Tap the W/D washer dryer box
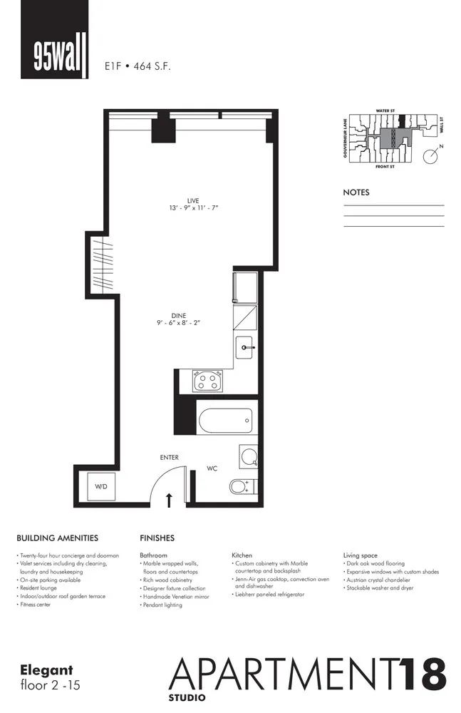click(x=101, y=486)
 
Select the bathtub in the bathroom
click(x=225, y=420)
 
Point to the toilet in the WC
click(x=239, y=487)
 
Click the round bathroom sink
click(x=247, y=456)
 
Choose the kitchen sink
click(x=246, y=348)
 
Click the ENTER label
click(x=169, y=457)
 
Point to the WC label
click(x=212, y=468)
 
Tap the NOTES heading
click(x=356, y=193)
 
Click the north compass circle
click(x=430, y=156)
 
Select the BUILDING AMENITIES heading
click(x=57, y=538)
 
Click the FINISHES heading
click(x=157, y=538)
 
